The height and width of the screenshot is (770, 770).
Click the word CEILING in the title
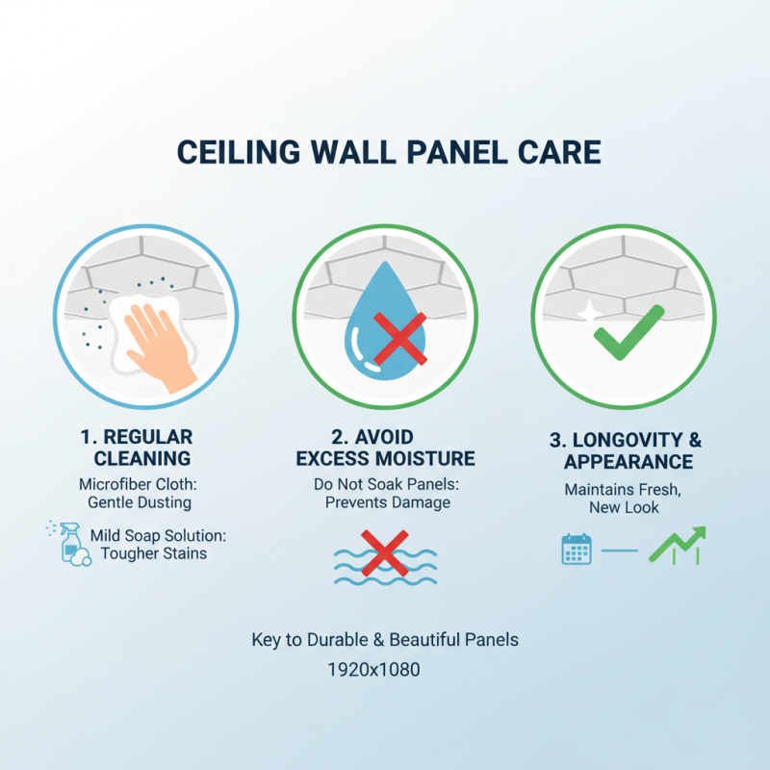point(242,154)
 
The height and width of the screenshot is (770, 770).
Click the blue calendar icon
point(576,550)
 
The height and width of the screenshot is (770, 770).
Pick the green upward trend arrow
point(678,545)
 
